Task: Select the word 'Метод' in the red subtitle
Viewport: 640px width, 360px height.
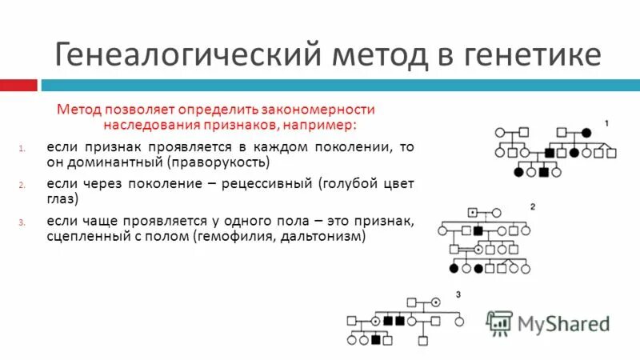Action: (78, 110)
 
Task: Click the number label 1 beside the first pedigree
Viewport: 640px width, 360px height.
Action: (606, 123)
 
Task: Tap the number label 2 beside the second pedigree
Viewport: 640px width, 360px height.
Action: (532, 207)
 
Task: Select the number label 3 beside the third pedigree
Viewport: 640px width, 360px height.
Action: (458, 295)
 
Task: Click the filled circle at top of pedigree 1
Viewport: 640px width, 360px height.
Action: (586, 131)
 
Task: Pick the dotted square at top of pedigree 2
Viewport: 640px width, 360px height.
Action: (473, 213)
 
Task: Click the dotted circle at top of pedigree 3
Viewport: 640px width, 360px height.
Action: (435, 303)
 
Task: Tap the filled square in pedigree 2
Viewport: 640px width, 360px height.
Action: (478, 230)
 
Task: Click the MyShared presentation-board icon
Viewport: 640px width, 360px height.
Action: (499, 322)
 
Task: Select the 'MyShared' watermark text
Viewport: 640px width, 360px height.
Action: (563, 323)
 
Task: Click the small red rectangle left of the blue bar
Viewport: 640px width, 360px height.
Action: (18, 85)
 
